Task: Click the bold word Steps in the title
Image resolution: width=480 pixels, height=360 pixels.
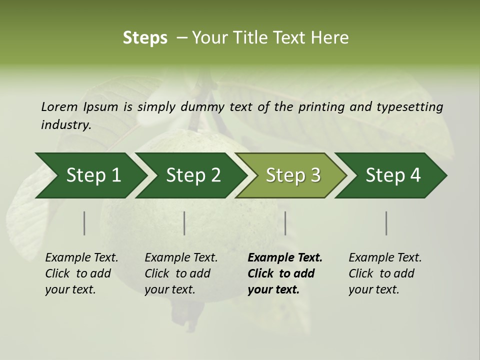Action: [x=145, y=38]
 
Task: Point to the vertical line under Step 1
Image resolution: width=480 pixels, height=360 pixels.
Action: [x=84, y=223]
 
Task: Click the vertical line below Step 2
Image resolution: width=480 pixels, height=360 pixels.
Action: [x=184, y=223]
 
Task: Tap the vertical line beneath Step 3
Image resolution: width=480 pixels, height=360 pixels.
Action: [x=285, y=223]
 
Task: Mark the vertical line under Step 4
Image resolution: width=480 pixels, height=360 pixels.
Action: [x=386, y=223]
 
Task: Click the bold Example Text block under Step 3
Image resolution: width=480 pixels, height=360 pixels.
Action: [x=285, y=273]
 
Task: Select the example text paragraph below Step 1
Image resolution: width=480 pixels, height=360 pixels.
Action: [x=81, y=273]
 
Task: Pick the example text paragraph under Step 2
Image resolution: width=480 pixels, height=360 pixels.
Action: [x=181, y=273]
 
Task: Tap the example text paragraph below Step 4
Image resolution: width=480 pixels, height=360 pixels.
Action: [x=385, y=273]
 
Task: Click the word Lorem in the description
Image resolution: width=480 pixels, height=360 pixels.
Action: [x=59, y=106]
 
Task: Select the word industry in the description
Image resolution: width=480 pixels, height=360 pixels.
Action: [x=65, y=125]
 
